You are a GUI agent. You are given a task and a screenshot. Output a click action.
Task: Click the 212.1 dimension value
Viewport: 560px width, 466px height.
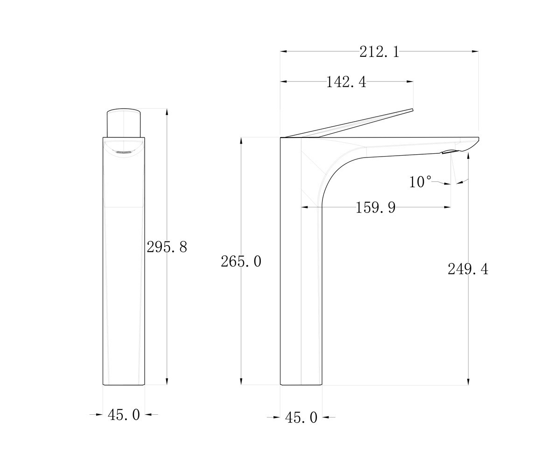coord(379,52)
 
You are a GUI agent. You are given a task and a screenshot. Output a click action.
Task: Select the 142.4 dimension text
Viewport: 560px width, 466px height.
coord(346,82)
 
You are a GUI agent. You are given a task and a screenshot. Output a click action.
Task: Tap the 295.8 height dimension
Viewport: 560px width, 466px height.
coord(167,247)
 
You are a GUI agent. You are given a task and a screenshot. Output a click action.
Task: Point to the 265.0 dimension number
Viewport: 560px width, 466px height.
coord(241,261)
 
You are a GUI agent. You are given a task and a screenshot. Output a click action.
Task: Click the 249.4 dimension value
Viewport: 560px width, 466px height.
coord(468,269)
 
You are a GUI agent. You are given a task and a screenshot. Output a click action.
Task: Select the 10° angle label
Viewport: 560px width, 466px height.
coord(420,182)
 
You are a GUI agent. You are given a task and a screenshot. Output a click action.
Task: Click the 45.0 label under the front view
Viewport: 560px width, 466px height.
coord(124,415)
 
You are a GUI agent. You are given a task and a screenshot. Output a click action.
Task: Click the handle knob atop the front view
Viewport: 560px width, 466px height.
coord(124,123)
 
